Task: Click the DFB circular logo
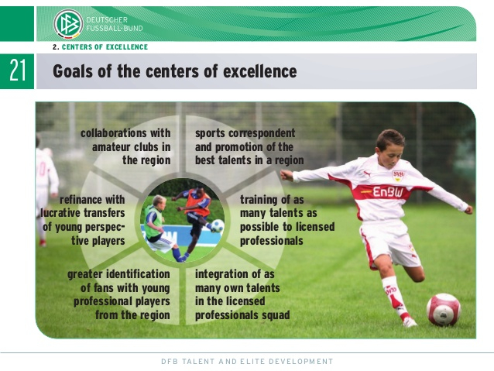(68, 24)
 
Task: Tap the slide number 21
(17, 71)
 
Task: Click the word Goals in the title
(73, 71)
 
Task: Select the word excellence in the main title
(260, 71)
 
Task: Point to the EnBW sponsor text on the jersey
(388, 192)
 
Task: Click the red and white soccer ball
(444, 310)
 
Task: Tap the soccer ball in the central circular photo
(217, 225)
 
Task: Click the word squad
(277, 315)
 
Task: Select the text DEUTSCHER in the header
(107, 20)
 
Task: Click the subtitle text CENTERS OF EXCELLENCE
(105, 47)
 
